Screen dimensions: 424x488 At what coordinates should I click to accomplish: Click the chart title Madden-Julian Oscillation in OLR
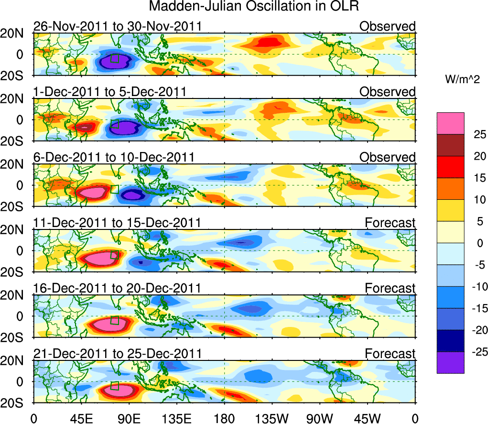coord(254,7)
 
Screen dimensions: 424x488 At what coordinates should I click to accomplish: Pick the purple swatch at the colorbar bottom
coord(450,362)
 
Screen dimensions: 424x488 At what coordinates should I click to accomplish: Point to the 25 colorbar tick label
coord(476,135)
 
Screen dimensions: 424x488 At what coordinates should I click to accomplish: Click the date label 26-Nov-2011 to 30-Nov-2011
coord(118,26)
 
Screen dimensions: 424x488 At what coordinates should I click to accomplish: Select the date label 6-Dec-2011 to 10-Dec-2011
coord(114,157)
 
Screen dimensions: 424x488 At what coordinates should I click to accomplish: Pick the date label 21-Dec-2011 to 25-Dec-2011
coord(118,354)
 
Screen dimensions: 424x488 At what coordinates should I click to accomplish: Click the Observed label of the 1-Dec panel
coord(388,92)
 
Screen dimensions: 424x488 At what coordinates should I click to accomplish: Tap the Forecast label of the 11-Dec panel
coord(390,223)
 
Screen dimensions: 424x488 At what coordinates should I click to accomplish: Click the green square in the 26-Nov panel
coord(115,58)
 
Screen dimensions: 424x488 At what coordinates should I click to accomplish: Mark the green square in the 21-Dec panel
coord(115,386)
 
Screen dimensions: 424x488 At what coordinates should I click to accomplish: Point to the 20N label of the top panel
coord(16,33)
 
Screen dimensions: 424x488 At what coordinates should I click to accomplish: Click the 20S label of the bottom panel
coord(16,402)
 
